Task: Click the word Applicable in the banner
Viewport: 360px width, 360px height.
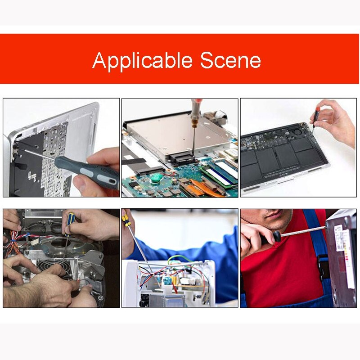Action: (x=142, y=61)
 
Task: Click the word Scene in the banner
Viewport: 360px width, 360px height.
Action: (x=230, y=60)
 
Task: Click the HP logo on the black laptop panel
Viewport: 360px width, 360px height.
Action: (x=31, y=176)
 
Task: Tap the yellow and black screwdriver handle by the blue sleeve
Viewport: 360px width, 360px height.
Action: (x=126, y=220)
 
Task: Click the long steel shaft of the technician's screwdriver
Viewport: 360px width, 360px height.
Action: (x=303, y=231)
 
